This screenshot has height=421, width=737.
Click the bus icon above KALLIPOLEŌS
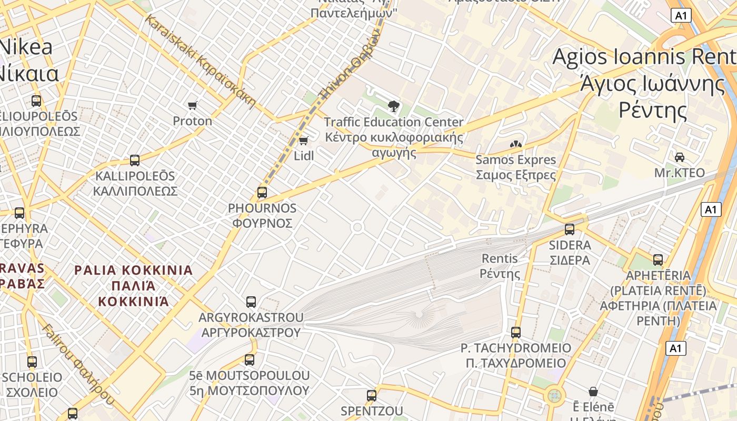click(135, 161)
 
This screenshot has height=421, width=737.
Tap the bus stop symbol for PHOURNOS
click(262, 193)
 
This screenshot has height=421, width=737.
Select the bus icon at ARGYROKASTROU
click(251, 302)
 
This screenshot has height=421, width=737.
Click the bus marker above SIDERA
click(570, 229)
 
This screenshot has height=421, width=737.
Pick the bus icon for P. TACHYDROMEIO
click(516, 333)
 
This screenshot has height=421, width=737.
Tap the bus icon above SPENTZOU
click(372, 396)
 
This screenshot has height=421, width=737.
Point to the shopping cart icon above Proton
click(193, 105)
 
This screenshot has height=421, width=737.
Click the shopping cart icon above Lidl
click(304, 141)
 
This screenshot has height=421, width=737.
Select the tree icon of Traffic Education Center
click(393, 106)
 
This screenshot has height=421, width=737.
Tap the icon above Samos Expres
click(516, 144)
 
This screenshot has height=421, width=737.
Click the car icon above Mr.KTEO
click(680, 157)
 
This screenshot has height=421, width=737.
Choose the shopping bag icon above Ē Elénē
click(593, 392)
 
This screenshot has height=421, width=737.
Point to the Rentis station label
click(500, 266)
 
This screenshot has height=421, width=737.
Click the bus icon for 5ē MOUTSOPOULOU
click(250, 360)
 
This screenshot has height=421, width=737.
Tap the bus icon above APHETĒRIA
click(658, 260)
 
